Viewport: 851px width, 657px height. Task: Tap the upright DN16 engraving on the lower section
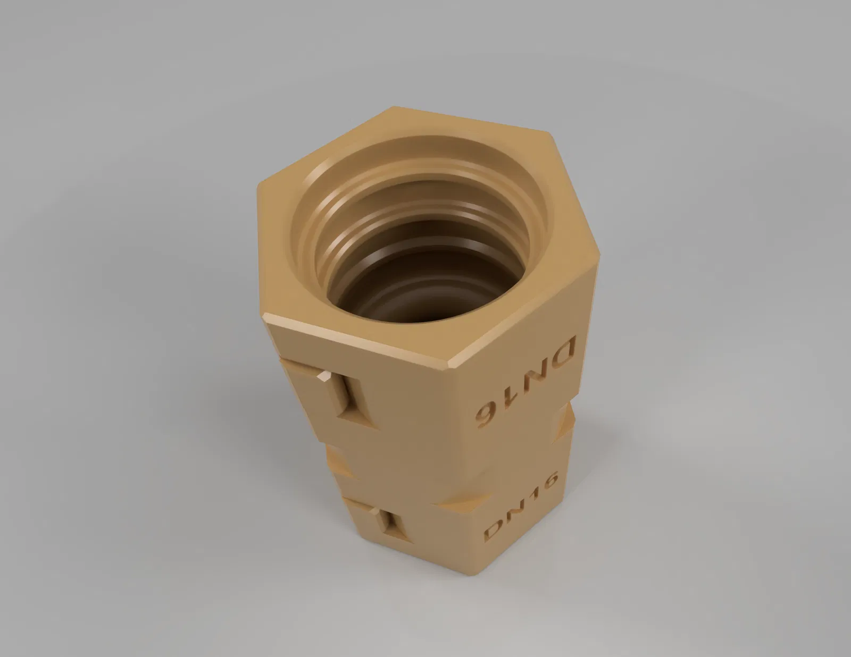point(521,507)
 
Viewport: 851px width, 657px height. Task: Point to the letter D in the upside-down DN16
point(559,351)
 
